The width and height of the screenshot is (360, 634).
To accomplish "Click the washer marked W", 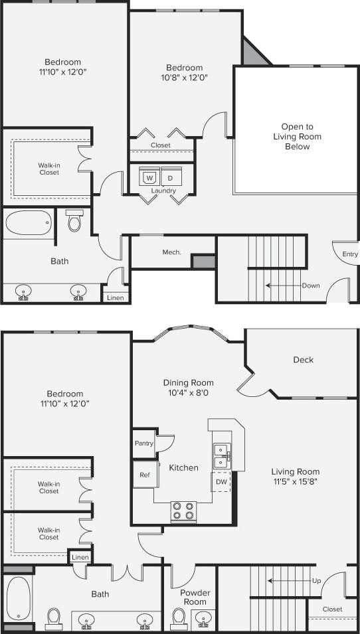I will click(149, 178).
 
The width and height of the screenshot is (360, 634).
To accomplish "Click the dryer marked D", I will click(170, 178).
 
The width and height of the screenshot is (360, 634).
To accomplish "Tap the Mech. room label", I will click(172, 252).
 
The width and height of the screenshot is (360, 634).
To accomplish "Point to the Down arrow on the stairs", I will click(282, 285).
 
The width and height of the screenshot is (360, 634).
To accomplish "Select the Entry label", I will click(349, 254).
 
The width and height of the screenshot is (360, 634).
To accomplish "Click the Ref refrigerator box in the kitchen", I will click(144, 475).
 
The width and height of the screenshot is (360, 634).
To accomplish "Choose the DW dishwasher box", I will click(221, 481).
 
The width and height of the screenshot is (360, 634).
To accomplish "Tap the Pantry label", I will click(143, 443).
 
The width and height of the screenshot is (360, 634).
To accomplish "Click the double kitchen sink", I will click(221, 455).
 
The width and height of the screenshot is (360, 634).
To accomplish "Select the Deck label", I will click(303, 360).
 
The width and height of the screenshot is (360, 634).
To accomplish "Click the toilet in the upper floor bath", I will click(74, 221).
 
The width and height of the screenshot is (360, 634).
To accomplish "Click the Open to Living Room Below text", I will click(297, 136).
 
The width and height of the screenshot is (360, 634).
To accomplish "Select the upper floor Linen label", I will click(114, 297).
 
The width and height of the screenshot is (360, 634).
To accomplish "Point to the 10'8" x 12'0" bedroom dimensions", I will click(184, 78).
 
